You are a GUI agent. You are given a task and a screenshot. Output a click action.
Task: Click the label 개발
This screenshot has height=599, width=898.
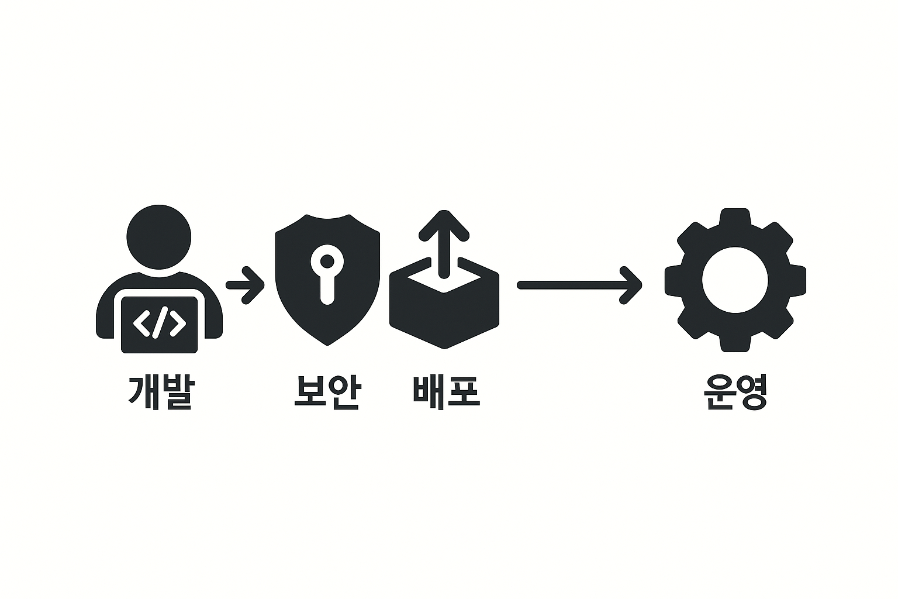[160, 392]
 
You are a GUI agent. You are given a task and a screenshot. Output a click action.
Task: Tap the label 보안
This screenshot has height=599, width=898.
[326, 392]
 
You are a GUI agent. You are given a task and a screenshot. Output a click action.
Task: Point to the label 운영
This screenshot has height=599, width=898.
[735, 392]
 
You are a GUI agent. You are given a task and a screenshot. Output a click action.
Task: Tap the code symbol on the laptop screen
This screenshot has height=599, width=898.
[159, 322]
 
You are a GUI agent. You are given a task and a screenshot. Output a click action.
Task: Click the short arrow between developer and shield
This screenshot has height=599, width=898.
[246, 285]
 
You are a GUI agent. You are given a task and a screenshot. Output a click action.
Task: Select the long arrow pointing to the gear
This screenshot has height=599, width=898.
[579, 285]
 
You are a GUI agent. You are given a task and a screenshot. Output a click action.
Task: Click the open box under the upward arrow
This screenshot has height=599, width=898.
[444, 316]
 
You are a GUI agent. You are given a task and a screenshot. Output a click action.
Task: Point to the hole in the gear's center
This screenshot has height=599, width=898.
[735, 280]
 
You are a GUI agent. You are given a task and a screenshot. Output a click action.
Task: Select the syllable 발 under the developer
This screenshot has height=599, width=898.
[176, 392]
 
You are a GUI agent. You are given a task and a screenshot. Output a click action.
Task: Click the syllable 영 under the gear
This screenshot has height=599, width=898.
[751, 392]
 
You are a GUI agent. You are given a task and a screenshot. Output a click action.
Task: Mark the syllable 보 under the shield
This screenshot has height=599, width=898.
[309, 392]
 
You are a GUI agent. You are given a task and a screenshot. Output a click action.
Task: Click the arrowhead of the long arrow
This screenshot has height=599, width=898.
[631, 285]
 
